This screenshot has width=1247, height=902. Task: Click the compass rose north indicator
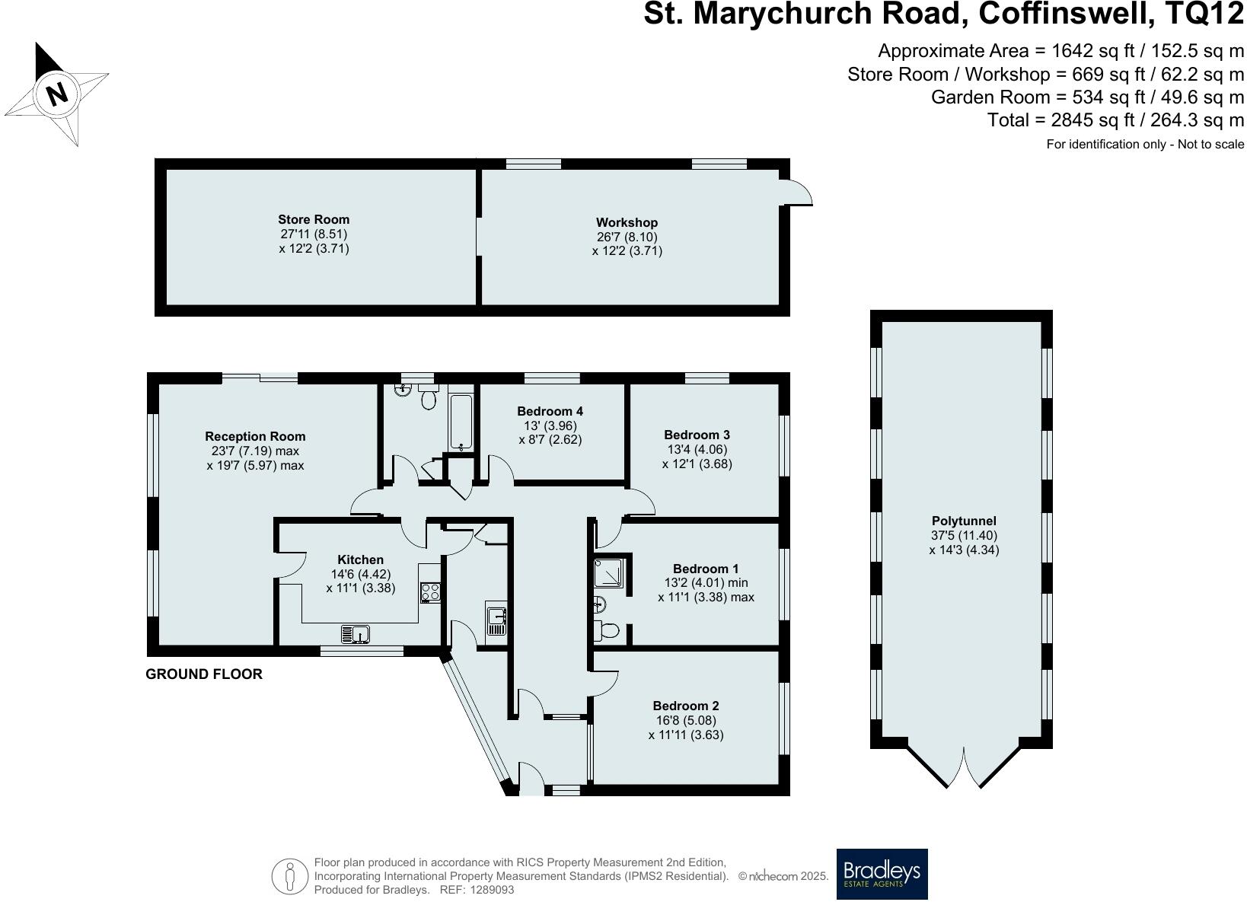(x=56, y=94)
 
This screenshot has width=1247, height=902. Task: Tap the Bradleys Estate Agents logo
(x=882, y=874)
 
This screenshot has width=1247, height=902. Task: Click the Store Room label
(x=314, y=219)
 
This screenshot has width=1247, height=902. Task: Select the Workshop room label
(x=627, y=222)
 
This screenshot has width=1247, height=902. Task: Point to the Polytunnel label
(x=964, y=521)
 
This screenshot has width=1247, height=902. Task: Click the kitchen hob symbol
(x=430, y=592)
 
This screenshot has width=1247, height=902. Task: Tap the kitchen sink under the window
(x=355, y=633)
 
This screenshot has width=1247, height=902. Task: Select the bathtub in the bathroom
(x=461, y=422)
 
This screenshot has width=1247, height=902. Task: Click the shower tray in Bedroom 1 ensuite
(x=612, y=572)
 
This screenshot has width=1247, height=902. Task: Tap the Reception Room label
(x=255, y=436)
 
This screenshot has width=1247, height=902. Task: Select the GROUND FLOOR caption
(x=204, y=674)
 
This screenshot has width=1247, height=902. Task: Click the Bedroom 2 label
(x=685, y=706)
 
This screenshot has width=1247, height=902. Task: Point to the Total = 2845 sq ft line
(x=1115, y=120)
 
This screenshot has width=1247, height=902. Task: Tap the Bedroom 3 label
(x=697, y=435)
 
